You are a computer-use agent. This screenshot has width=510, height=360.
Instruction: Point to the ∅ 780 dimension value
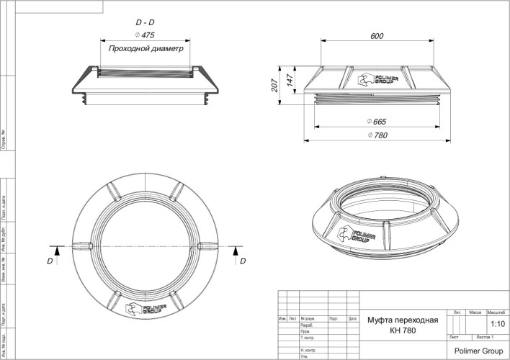pyautogui.click(x=379, y=135)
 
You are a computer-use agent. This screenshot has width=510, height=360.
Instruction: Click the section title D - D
pyautogui.click(x=145, y=22)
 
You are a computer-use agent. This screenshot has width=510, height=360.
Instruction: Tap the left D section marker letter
pyautogui.click(x=50, y=261)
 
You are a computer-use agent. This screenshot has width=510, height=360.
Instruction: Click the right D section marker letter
pyautogui.click(x=243, y=261)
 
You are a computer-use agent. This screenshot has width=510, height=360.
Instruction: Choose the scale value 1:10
pyautogui.click(x=496, y=324)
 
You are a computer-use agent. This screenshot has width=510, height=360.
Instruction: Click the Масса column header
pyautogui.click(x=475, y=313)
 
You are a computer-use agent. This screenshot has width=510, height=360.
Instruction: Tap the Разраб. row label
pyautogui.click(x=306, y=325)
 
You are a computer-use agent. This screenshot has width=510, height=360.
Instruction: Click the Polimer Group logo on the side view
pyautogui.click(x=373, y=81)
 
